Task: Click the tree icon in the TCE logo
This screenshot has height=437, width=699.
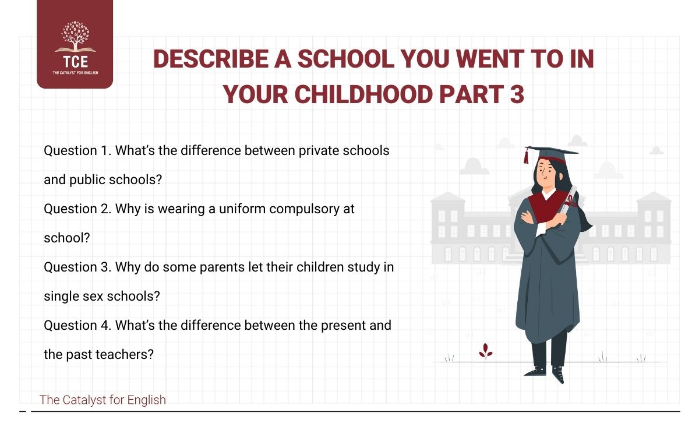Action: coord(75,38)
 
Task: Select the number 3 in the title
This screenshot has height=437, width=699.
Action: coord(516,95)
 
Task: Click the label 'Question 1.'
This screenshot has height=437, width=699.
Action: coord(77,150)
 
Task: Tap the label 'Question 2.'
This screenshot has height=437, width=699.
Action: coord(77,209)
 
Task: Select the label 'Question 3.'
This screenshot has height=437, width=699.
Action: coord(77,267)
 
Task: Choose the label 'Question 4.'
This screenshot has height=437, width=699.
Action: coord(77,325)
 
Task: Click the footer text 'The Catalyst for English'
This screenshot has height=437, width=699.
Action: coord(103,400)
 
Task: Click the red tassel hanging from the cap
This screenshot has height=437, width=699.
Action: coord(527,156)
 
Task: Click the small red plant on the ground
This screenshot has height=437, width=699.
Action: coord(485,351)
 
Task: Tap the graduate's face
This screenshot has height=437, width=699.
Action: coord(546,172)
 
